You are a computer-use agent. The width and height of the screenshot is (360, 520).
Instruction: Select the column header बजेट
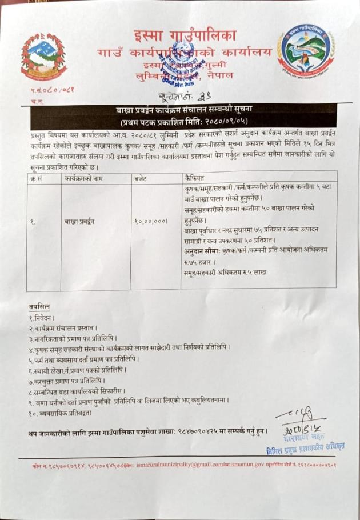pos(141,178)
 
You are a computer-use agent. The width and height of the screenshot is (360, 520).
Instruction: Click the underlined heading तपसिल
pos(39,307)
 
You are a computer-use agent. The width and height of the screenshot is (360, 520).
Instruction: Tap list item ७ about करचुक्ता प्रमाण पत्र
pos(67,379)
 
